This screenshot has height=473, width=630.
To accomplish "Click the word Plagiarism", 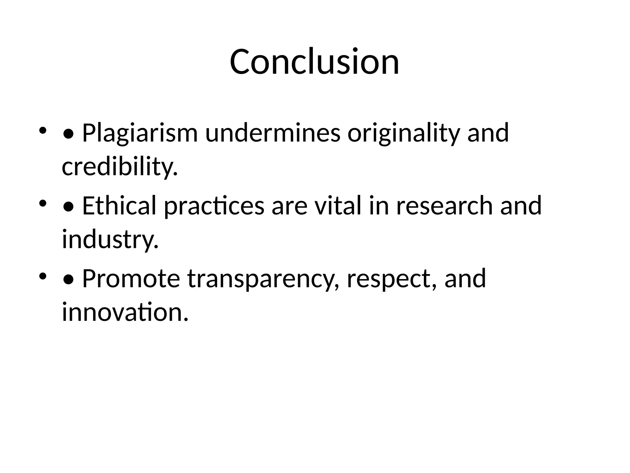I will click(140, 133).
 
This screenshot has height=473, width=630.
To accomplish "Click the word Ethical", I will click(119, 206).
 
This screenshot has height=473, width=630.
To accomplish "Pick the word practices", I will click(214, 206).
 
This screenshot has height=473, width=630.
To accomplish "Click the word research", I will click(445, 206).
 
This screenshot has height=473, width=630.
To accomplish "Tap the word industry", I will click(110, 239).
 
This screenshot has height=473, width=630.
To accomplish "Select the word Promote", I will click(131, 278).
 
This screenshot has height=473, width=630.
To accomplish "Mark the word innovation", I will click(125, 312).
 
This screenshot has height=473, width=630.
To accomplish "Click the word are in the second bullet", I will click(289, 206).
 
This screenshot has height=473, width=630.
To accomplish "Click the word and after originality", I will click(488, 133).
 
